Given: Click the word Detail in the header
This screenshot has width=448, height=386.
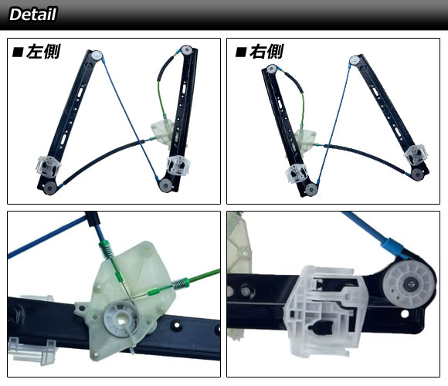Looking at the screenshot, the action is point(33,14).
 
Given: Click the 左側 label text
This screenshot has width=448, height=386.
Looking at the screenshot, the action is point(43,52).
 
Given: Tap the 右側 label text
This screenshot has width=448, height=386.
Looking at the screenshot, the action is point(266,52).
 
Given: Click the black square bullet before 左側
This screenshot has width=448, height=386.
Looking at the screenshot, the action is point(18,52).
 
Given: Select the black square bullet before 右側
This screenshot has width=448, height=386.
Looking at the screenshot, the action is point(241,52).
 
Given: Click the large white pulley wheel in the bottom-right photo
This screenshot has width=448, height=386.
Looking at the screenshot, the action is point(409,284).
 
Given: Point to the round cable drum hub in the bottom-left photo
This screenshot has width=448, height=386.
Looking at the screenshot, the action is point(123,317).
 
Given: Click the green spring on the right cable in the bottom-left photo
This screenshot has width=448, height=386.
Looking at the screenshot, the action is point(181,284).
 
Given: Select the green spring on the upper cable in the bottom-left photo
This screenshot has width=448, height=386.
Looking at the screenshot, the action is point(107,249).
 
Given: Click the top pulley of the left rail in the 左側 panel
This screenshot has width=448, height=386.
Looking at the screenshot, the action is point(97,54).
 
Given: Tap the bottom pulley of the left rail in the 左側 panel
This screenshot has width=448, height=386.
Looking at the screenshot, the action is point(49,188).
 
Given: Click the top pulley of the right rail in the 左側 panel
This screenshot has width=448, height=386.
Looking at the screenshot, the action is point(186,50).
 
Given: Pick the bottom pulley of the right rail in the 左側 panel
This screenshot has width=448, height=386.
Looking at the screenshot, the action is point(165,185).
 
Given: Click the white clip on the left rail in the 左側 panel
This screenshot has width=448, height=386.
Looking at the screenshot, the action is point(48,166).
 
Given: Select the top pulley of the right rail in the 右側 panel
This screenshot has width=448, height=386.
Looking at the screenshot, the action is point(355,59).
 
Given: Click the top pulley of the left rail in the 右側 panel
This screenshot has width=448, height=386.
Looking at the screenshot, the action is point(271,69).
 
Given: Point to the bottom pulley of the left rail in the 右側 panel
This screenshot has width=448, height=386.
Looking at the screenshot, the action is point(311,189).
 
